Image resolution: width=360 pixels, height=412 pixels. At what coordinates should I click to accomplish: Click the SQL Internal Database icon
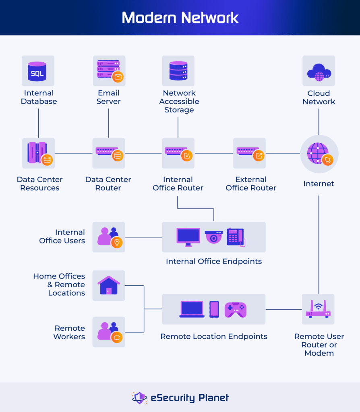point(37,71)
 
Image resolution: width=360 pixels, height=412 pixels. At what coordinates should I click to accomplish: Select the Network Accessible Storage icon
point(178,71)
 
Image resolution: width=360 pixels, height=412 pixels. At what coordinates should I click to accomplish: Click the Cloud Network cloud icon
point(319,71)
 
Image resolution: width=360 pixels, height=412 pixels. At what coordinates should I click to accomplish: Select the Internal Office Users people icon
point(109,237)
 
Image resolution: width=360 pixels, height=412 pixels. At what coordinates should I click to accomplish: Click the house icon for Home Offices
point(109,285)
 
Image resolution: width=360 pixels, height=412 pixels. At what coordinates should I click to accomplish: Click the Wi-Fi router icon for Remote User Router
point(318,309)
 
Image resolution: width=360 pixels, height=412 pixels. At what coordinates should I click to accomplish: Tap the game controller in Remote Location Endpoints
point(235,309)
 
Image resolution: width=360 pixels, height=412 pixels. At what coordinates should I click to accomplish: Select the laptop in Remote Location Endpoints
point(192,309)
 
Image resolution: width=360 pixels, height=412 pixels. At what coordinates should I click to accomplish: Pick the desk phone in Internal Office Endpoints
point(235,237)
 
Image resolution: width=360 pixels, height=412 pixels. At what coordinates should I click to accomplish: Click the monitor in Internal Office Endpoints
point(188,237)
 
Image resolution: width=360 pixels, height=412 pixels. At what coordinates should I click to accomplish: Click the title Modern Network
point(180,18)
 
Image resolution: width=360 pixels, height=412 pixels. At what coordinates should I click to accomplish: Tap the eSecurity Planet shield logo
point(140,398)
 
